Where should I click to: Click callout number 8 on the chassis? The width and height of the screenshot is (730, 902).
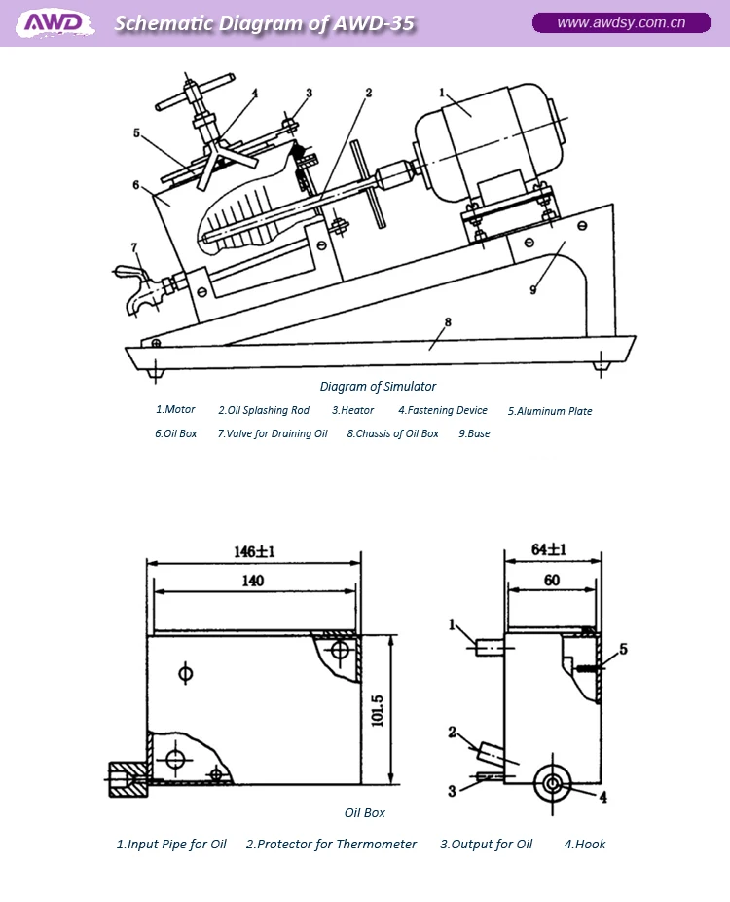(447, 321)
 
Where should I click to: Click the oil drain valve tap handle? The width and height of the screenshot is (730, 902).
(126, 271)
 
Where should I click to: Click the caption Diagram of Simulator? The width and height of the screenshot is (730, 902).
(378, 387)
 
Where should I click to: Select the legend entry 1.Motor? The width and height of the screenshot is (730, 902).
(176, 410)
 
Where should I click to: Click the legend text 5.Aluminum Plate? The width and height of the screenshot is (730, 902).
(549, 411)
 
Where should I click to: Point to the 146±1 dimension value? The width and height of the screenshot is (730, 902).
(254, 551)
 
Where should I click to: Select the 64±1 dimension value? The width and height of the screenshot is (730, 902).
(550, 549)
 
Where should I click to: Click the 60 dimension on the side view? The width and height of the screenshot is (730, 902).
(550, 581)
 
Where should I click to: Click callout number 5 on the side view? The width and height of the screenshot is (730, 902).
(624, 649)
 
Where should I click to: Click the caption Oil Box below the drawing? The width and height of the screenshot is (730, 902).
(365, 812)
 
